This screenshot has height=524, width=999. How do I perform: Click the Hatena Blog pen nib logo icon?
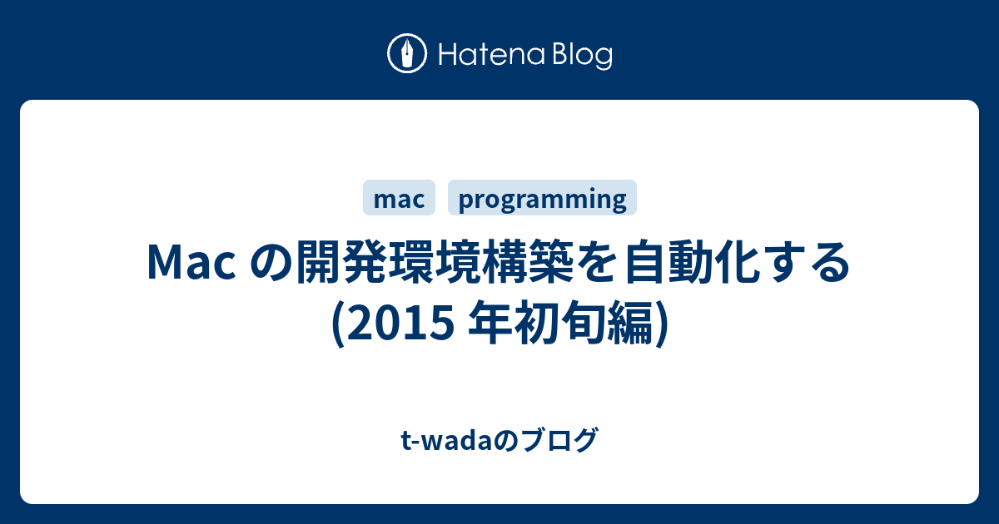(x=407, y=53)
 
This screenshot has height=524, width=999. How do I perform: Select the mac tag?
(x=399, y=198)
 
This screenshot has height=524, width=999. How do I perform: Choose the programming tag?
(x=542, y=198)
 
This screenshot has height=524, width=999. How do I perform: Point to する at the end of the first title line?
(x=807, y=262)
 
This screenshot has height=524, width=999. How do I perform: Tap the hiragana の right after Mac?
(x=271, y=262)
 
